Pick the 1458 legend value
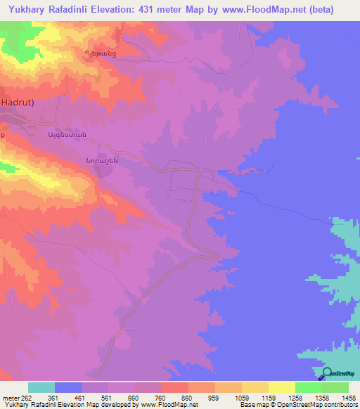point(348,398)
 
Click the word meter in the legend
point(10,398)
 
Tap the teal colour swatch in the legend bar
point(41,387)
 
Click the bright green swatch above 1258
point(309,387)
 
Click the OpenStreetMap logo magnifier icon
point(327,373)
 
